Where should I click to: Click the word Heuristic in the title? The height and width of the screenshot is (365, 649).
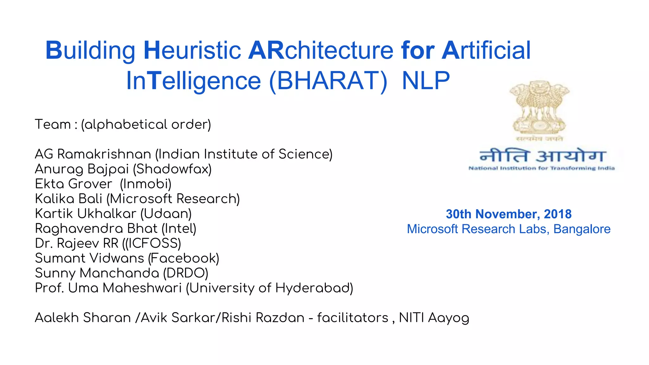pos(192,50)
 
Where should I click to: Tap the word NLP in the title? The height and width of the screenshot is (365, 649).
pos(426,81)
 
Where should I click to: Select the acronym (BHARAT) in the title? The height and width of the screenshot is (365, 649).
pos(328,81)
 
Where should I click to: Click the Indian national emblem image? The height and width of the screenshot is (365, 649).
pos(540,108)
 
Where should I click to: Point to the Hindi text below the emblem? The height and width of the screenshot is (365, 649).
pos(543,156)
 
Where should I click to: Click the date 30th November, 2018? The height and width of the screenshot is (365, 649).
pos(509,214)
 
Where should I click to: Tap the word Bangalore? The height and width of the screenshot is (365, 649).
pos(582,229)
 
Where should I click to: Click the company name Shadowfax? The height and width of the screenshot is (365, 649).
pos(172,169)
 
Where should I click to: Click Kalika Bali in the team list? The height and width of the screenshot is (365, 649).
pos(68,199)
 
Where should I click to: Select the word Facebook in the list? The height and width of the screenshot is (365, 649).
pos(183,259)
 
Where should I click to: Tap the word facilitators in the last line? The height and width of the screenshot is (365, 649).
pos(353,318)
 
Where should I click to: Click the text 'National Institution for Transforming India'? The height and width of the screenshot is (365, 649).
pos(542,168)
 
